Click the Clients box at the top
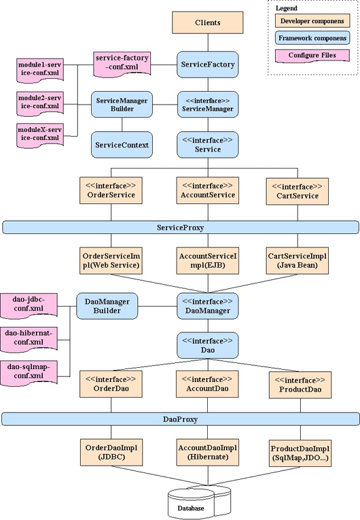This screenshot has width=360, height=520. [208, 22]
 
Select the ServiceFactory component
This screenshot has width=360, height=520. [208, 65]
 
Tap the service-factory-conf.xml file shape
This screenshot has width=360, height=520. [122, 64]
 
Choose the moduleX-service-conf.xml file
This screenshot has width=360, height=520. [40, 135]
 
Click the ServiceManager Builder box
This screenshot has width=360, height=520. [122, 105]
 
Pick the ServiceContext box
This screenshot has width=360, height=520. [122, 145]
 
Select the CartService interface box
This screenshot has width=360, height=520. [298, 192]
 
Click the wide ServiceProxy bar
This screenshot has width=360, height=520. [180, 228]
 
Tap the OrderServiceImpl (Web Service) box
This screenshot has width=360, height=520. [111, 260]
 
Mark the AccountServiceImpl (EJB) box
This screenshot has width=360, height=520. [208, 260]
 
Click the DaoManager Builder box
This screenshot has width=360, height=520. [107, 306]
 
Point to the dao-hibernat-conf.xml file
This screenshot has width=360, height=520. [29, 339]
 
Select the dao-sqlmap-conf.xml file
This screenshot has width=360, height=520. [29, 373]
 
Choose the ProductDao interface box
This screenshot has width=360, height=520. [300, 385]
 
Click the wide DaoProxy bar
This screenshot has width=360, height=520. [180, 419]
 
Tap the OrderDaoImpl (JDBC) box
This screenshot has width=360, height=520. [111, 452]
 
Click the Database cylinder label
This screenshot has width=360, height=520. [191, 508]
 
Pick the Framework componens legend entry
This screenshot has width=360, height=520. [312, 38]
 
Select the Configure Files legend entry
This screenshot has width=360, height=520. [312, 56]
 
